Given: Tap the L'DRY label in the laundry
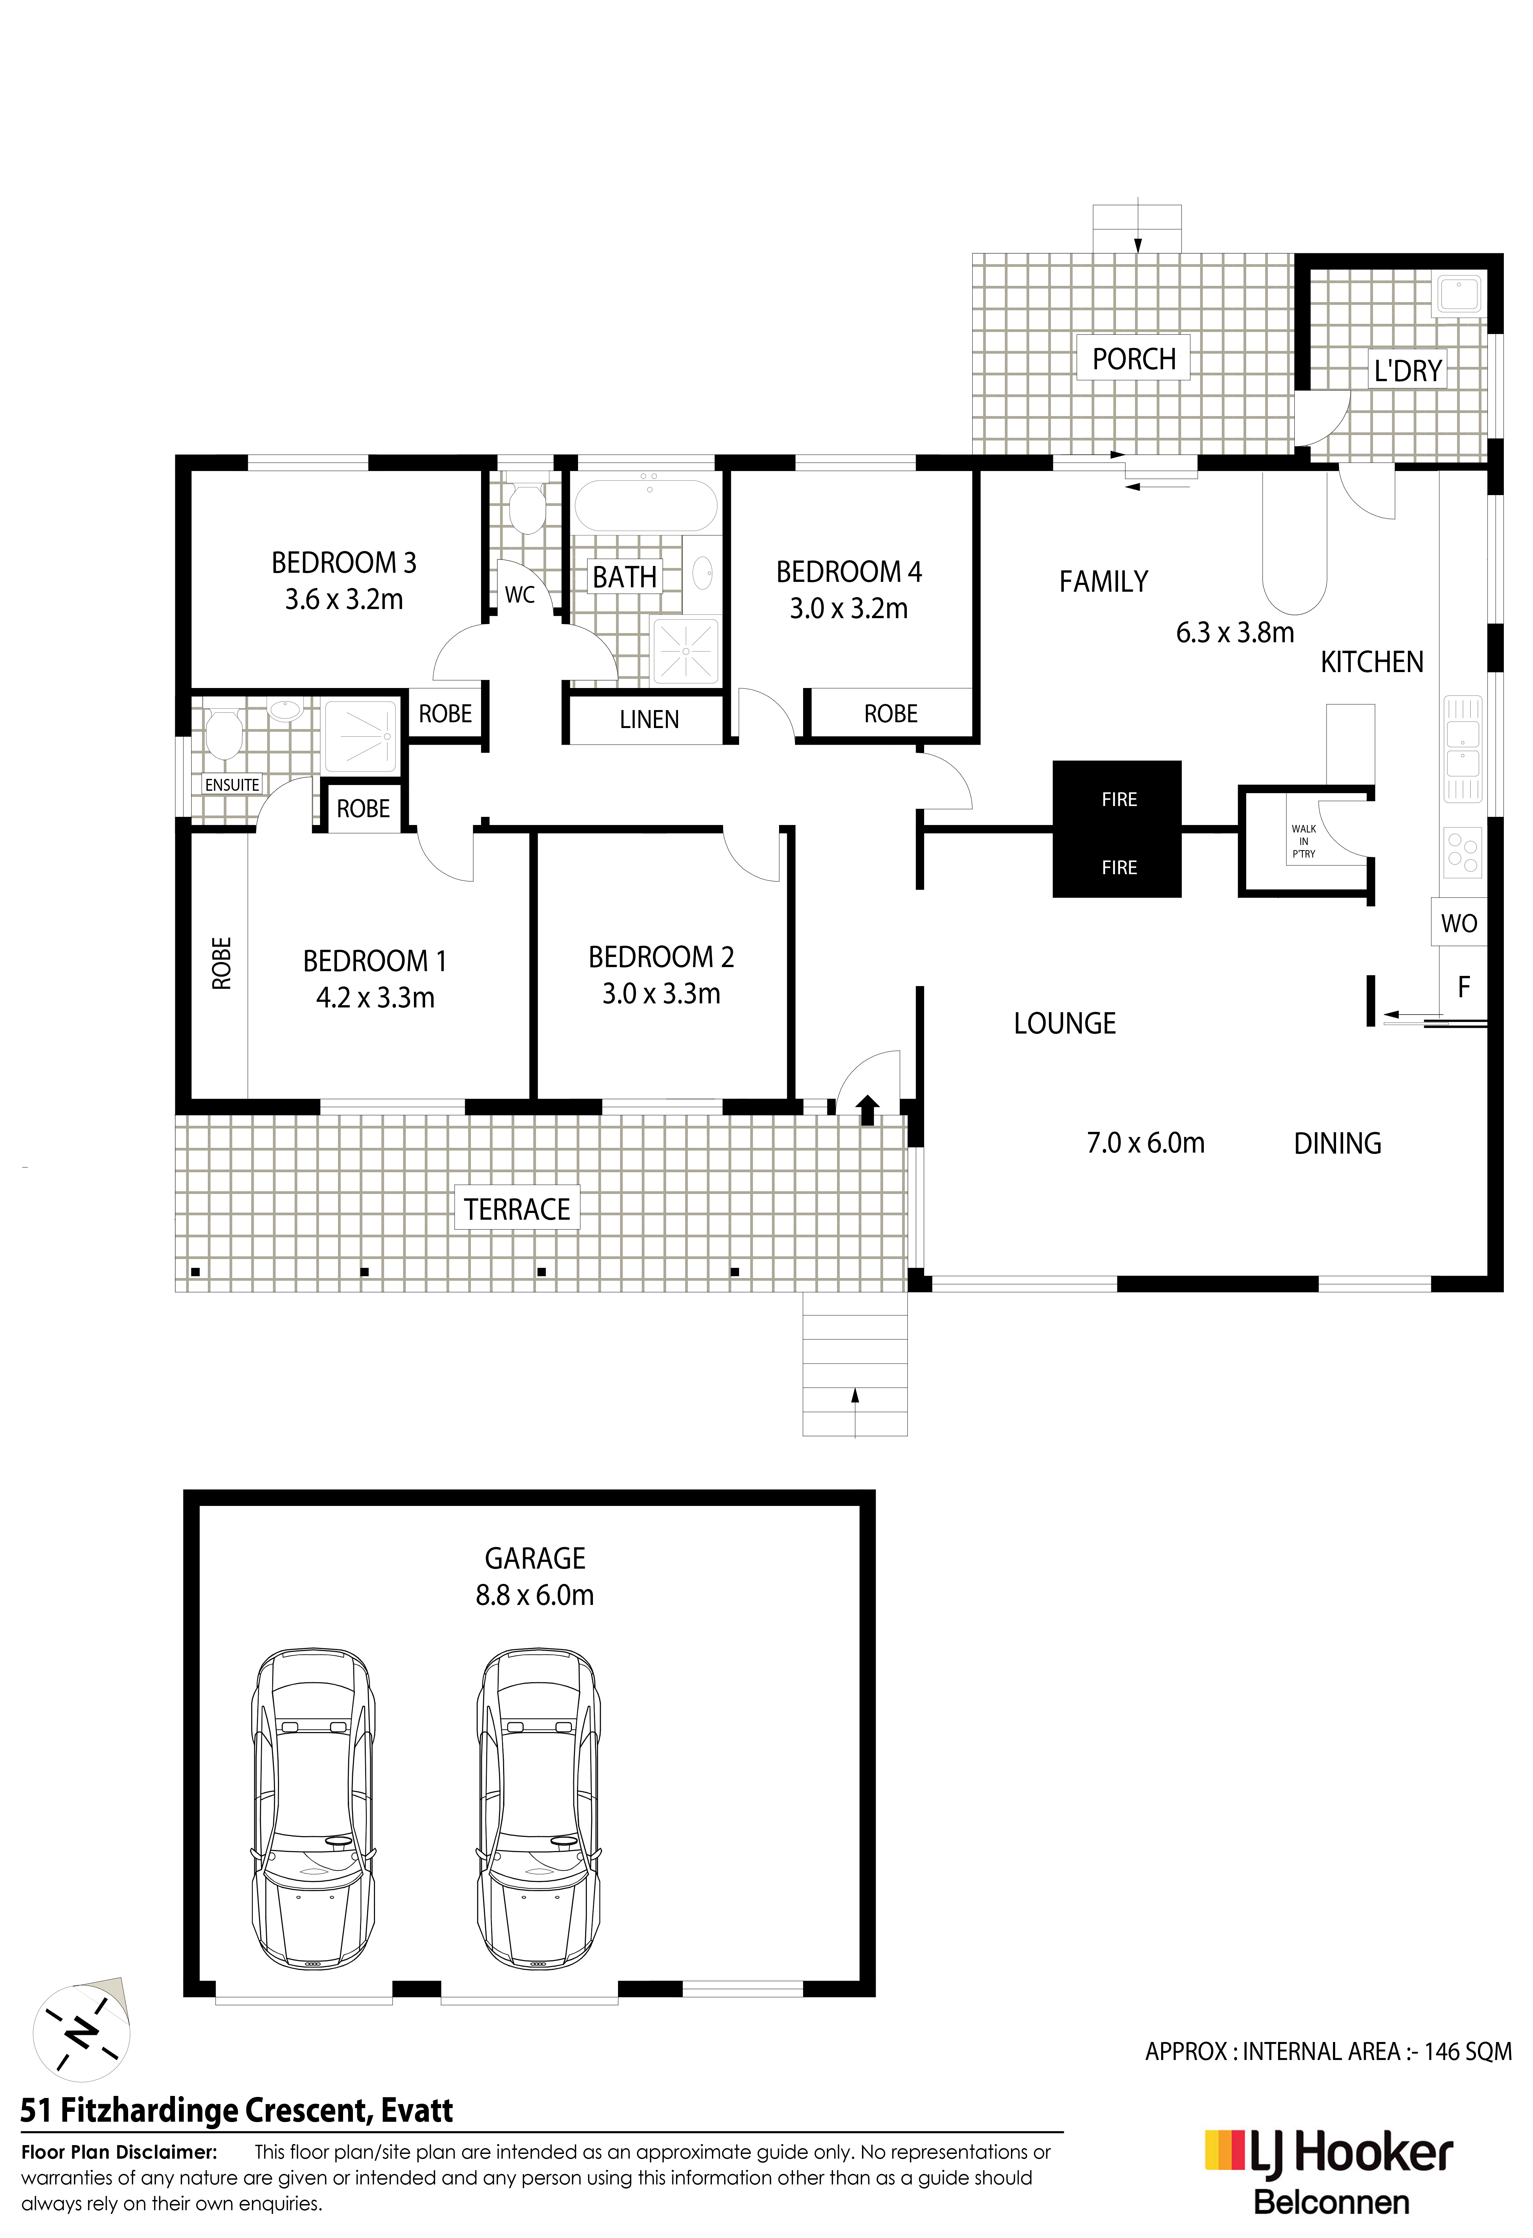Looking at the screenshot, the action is tap(1407, 371).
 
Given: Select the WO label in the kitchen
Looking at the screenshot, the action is tap(1459, 923).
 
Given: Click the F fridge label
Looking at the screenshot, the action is tap(1464, 987).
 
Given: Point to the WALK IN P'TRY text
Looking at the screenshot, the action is tap(1304, 841).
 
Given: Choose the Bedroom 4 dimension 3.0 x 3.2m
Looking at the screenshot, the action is tap(848, 609).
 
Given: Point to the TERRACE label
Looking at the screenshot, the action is tap(517, 1210).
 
